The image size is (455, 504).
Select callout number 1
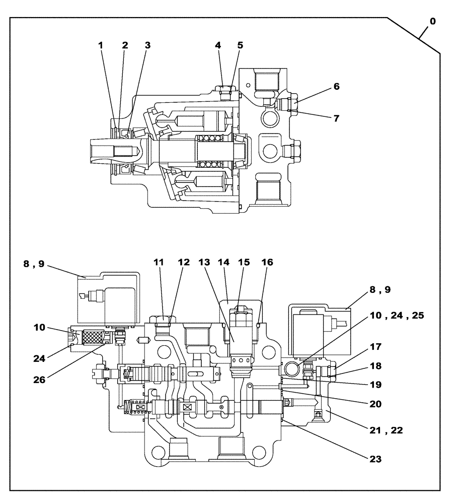[101, 45]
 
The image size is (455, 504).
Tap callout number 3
[147, 45]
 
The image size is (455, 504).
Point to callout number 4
[218, 45]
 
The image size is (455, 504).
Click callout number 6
[336, 86]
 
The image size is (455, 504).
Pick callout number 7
[336, 118]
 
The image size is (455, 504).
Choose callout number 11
[159, 263]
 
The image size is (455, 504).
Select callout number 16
[267, 263]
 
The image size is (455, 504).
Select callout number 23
[374, 459]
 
